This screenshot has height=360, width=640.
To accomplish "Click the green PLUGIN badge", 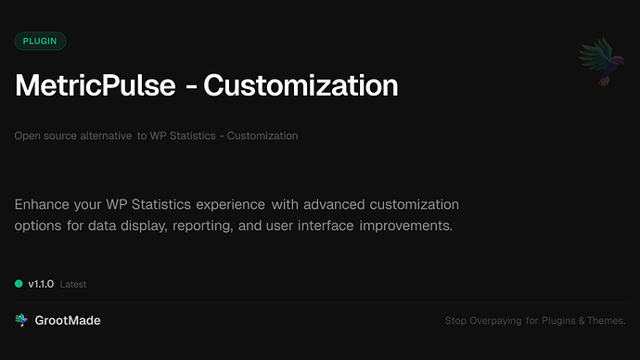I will tap(40, 41).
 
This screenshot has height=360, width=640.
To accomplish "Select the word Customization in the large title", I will tap(301, 86).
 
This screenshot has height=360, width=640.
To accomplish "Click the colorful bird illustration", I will tap(598, 62).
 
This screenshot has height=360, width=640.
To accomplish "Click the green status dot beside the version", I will tap(19, 284).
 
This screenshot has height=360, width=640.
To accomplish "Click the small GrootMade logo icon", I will tap(20, 320).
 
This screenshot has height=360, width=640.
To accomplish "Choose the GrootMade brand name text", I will tap(67, 320).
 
